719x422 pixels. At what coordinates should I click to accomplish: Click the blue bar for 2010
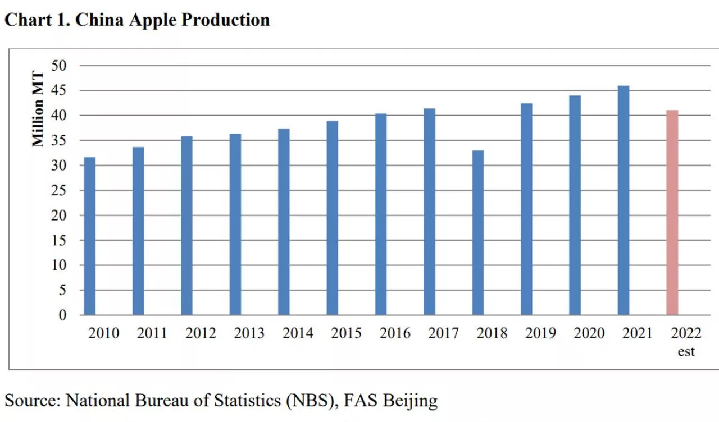[x=89, y=236]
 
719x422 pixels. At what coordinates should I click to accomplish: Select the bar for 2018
[x=478, y=232]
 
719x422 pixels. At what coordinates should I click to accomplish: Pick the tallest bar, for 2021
[x=624, y=200]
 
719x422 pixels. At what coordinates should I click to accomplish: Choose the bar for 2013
[x=235, y=224]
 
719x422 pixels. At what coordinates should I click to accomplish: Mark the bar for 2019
[x=526, y=209]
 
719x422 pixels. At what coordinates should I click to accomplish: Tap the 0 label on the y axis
[x=63, y=315]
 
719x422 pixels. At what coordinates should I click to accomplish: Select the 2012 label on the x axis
[x=201, y=333]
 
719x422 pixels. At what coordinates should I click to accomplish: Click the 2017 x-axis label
[x=443, y=333]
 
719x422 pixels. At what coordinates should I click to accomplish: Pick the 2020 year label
[x=589, y=333]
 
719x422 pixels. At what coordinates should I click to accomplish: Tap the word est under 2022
[x=686, y=352]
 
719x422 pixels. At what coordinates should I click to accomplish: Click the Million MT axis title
[x=38, y=109]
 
